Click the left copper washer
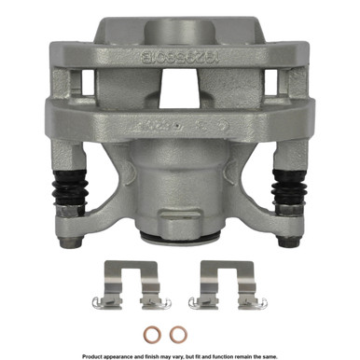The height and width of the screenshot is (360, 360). pyautogui.click(x=155, y=333)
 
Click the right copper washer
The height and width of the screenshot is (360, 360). pyautogui.click(x=176, y=333)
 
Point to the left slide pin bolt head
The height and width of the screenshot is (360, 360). pyautogui.click(x=69, y=245)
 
